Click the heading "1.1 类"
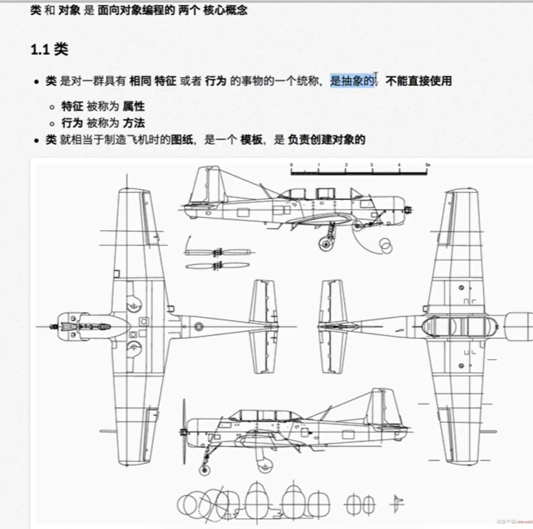coord(50,50)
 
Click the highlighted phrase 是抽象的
coord(352,81)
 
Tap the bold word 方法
coord(134,122)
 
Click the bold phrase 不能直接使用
coord(418,81)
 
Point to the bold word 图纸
coord(183,140)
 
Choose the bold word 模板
coord(252,140)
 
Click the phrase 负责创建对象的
coord(326,140)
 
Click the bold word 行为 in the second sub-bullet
coord(72,122)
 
